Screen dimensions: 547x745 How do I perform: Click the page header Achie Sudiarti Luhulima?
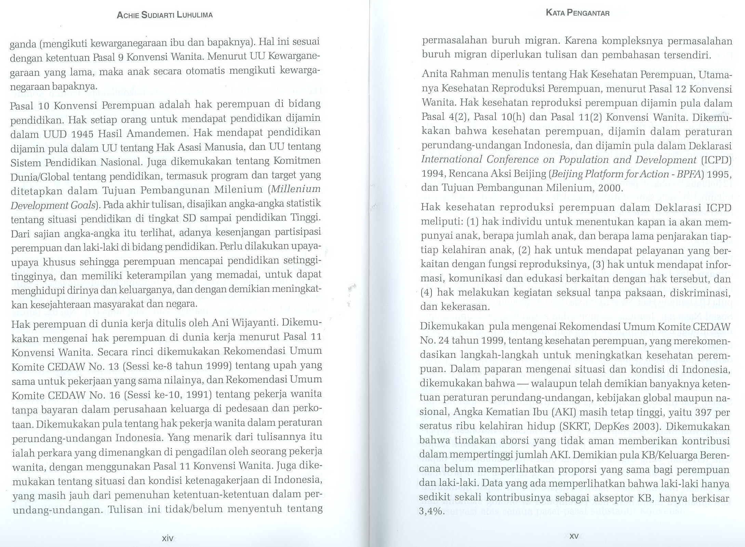(165, 15)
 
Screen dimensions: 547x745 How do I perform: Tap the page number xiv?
(168, 538)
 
